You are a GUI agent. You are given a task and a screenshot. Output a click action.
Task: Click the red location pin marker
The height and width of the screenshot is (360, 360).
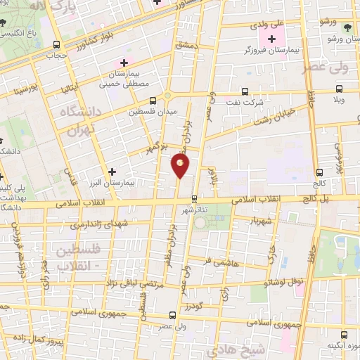click(x=180, y=166)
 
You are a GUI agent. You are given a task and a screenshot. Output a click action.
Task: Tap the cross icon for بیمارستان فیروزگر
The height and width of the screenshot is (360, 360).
click(x=272, y=38)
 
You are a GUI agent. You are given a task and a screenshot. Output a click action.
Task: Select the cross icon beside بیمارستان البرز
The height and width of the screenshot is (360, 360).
click(x=112, y=171)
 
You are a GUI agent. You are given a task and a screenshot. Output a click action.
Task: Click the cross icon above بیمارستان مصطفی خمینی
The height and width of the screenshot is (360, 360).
click(x=124, y=63)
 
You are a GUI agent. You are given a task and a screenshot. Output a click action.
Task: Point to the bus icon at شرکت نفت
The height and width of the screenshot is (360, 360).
click(x=245, y=91)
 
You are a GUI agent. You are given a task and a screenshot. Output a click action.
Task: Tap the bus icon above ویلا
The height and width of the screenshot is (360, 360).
click(x=339, y=89)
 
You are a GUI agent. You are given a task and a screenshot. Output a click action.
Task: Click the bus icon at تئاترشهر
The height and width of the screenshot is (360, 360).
click(x=195, y=198)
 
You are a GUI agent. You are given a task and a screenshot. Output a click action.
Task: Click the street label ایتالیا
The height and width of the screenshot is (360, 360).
click(x=73, y=90)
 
